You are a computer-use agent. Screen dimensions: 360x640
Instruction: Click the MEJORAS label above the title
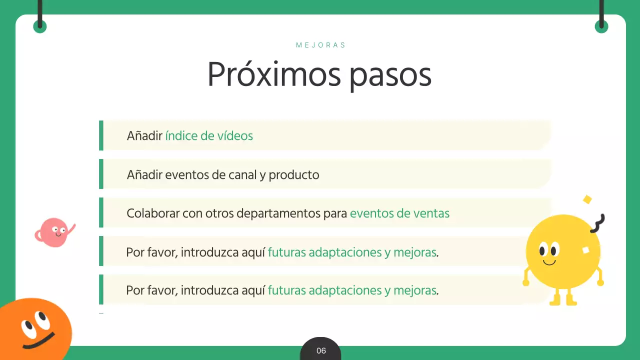pyautogui.click(x=320, y=45)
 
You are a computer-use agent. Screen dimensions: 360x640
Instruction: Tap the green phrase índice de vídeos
pyautogui.click(x=209, y=135)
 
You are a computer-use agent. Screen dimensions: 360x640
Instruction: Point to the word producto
pyautogui.click(x=294, y=175)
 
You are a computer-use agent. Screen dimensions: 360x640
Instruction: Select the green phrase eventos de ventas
pyautogui.click(x=399, y=213)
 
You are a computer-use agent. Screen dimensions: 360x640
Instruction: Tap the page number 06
pyautogui.click(x=321, y=351)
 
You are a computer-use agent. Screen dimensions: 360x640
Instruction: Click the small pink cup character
pyautogui.click(x=53, y=233)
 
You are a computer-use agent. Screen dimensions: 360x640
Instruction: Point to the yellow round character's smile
pyautogui.click(x=549, y=262)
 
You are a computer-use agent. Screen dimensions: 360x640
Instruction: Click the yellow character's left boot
pyautogui.click(x=555, y=300)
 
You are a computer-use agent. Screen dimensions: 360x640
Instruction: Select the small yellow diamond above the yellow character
pyautogui.click(x=587, y=199)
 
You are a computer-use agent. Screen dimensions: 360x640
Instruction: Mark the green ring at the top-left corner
pyautogui.click(x=40, y=26)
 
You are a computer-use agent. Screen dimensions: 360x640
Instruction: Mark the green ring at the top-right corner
pyautogui.click(x=601, y=26)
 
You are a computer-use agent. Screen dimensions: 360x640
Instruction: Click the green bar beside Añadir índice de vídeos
pyautogui.click(x=101, y=135)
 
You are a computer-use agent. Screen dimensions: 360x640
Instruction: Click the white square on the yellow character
pyautogui.click(x=585, y=250)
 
